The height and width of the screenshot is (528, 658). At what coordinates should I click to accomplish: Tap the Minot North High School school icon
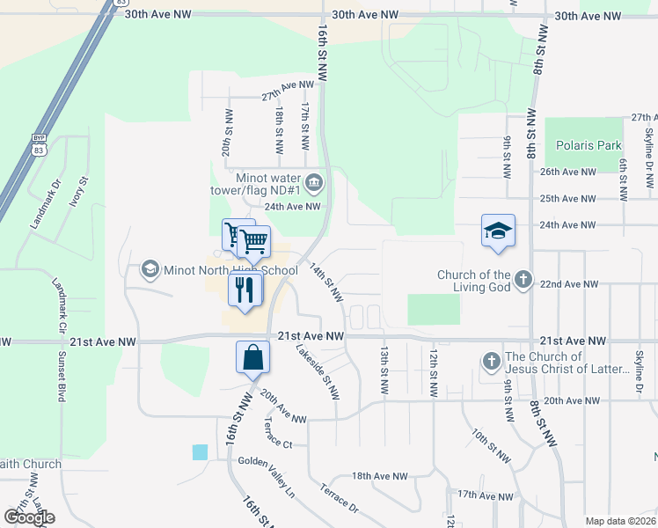[150, 269]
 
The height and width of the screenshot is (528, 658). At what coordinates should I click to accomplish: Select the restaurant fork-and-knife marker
[245, 289]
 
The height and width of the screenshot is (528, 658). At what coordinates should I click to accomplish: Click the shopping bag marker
[252, 357]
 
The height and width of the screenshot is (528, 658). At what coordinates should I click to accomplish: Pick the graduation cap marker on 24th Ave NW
[498, 231]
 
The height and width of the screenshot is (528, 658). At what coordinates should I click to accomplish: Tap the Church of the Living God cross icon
[523, 281]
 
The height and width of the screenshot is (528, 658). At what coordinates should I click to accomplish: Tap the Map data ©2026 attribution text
[619, 521]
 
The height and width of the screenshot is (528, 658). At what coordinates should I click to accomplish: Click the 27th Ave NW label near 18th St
[288, 91]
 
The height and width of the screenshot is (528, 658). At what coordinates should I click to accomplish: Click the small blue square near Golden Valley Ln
[201, 451]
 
